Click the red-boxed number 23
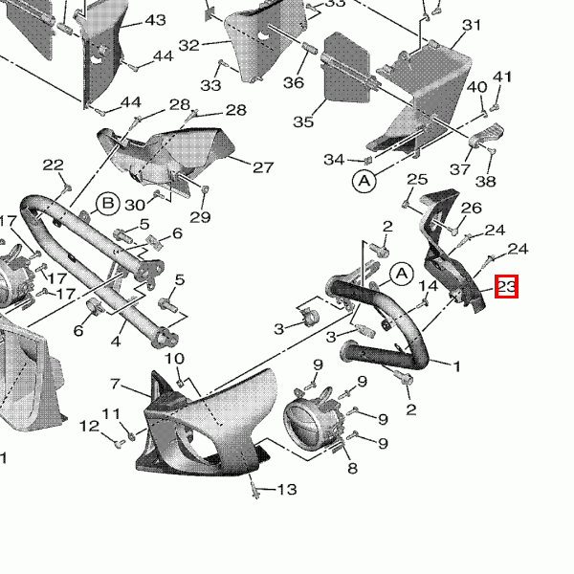[507, 286]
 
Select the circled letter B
[108, 204]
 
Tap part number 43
[154, 21]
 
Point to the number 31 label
[472, 25]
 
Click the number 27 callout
[263, 167]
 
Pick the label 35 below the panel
[303, 121]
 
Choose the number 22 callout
[53, 165]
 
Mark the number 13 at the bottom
[287, 491]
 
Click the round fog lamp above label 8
[310, 421]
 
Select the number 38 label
[486, 182]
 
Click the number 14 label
[429, 286]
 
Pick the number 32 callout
[188, 45]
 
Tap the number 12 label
[88, 426]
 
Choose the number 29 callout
[199, 217]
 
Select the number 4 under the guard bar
[115, 341]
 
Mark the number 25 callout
[417, 179]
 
